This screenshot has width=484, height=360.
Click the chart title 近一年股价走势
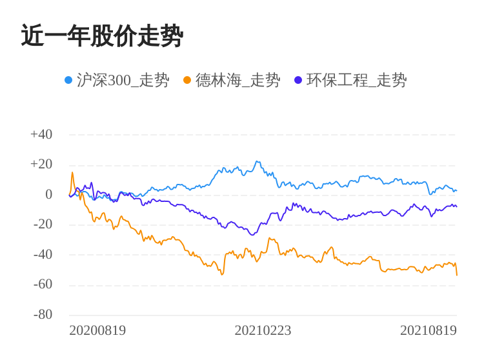tap(102, 36)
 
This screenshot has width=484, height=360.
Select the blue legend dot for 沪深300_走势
tap(68, 80)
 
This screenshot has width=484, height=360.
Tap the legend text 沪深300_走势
tap(123, 80)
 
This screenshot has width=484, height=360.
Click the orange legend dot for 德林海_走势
tap(187, 80)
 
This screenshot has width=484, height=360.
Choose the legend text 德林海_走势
tap(237, 80)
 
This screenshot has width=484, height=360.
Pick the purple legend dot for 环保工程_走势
tap(298, 80)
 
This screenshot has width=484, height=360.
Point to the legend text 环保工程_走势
tap(356, 80)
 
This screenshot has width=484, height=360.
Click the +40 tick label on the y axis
tap(41, 135)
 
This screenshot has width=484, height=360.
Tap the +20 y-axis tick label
tap(41, 165)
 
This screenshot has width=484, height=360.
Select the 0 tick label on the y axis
tap(48, 194)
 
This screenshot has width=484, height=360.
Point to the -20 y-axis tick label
tap(43, 225)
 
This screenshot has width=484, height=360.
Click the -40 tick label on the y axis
tap(43, 254)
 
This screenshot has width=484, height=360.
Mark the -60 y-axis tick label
tap(43, 285)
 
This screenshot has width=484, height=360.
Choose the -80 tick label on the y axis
tap(43, 314)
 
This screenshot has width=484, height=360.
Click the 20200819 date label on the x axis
tap(97, 330)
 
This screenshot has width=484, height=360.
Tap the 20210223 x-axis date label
tap(263, 330)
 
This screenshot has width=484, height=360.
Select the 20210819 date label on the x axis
tap(428, 330)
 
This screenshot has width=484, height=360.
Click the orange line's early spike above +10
tap(72, 172)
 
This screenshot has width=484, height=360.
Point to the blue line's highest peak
tap(257, 161)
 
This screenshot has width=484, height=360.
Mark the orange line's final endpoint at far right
tap(457, 275)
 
